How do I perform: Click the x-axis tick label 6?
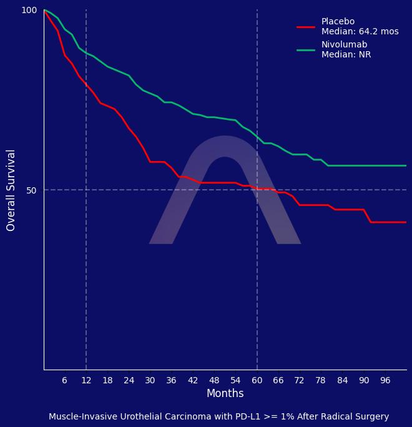[x=65, y=381]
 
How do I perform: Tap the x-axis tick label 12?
[x=86, y=381]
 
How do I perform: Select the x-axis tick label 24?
[x=129, y=381]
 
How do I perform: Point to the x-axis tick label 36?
[x=172, y=381]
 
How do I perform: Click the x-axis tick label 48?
[x=214, y=381]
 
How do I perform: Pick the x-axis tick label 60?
[x=257, y=381]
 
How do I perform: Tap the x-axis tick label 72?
[x=300, y=381]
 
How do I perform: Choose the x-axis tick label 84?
[x=342, y=381]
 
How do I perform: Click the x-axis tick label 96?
[x=385, y=381]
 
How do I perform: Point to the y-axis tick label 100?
[x=29, y=10]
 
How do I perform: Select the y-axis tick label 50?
[x=32, y=190]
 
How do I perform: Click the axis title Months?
[x=225, y=394]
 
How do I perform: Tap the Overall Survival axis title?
[x=11, y=190]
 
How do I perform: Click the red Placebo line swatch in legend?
[x=306, y=27]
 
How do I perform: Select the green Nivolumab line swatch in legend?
[x=306, y=50]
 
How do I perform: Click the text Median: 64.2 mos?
[x=360, y=32]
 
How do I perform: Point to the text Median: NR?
[x=346, y=55]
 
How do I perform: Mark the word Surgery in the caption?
[x=371, y=417]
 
